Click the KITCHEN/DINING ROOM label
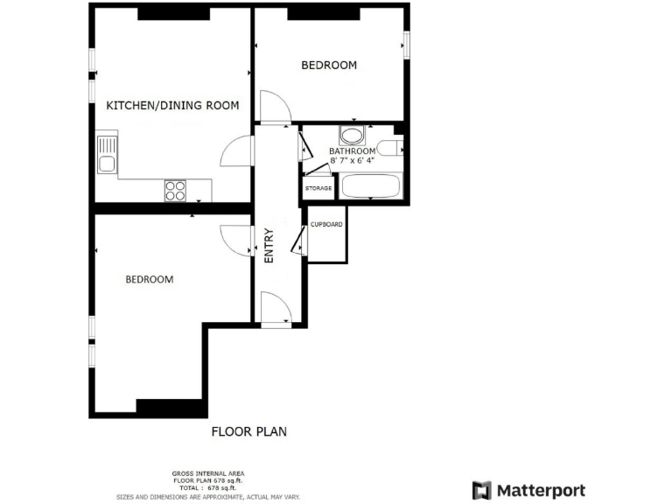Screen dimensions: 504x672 tap(172, 106)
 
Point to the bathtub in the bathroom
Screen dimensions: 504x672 tap(369, 186)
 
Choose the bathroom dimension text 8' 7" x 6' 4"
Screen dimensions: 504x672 tap(351, 160)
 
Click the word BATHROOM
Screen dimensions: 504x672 tap(351, 150)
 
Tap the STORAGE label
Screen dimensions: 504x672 tap(318, 188)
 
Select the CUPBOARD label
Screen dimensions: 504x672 tap(326, 224)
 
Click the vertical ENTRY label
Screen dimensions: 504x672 tap(269, 247)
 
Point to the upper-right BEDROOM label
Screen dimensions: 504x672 tap(329, 66)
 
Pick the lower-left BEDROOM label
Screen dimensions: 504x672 tap(149, 280)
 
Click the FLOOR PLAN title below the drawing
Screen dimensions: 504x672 tap(249, 431)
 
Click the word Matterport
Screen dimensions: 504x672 tap(541, 490)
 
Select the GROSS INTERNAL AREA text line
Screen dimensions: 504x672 tap(207, 474)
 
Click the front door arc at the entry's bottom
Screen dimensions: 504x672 tap(275, 308)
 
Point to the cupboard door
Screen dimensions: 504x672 tap(303, 239)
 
